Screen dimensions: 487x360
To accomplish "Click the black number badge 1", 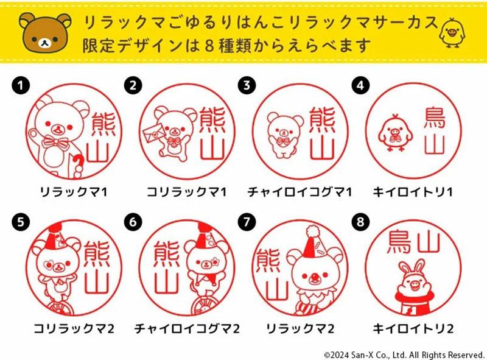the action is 21,85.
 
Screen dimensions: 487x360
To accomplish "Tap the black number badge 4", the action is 360,85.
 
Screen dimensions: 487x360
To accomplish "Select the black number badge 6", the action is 133,222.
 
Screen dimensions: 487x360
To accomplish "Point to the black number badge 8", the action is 360,222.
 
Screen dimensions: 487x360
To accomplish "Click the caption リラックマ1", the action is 74,192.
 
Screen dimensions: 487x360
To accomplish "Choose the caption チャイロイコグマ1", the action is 300,192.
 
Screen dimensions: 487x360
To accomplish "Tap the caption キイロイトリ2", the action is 413,328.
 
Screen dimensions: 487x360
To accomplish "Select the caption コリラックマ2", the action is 74,328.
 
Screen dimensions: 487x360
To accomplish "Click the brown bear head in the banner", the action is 45,32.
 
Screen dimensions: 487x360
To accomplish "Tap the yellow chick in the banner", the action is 452,33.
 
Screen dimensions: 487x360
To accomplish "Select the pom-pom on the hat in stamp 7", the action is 313,231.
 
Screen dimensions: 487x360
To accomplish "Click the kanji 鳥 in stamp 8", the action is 399,242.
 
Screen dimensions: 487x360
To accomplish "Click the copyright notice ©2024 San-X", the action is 404,355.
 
